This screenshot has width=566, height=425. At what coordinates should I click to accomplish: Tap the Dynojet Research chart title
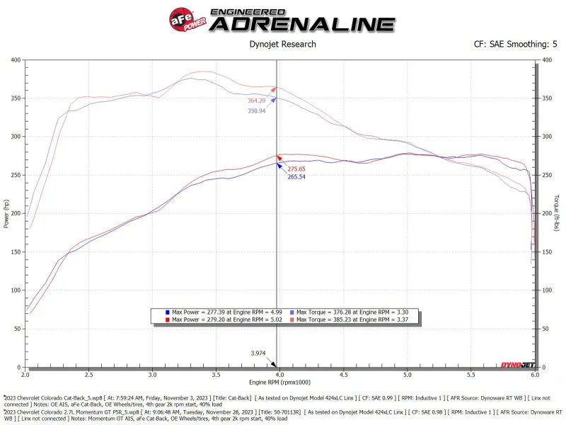pos(283,44)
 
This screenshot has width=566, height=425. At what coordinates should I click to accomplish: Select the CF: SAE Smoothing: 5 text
pos(515,44)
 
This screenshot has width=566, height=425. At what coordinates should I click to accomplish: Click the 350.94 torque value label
pos(257,111)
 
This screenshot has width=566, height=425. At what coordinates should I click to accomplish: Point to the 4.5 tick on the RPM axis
pos(343,373)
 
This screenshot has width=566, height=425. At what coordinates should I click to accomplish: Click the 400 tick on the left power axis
pos(15,59)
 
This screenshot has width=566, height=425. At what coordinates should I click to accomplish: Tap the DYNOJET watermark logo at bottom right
pos(516,364)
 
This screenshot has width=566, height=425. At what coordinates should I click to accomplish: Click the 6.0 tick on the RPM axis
pos(533,373)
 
